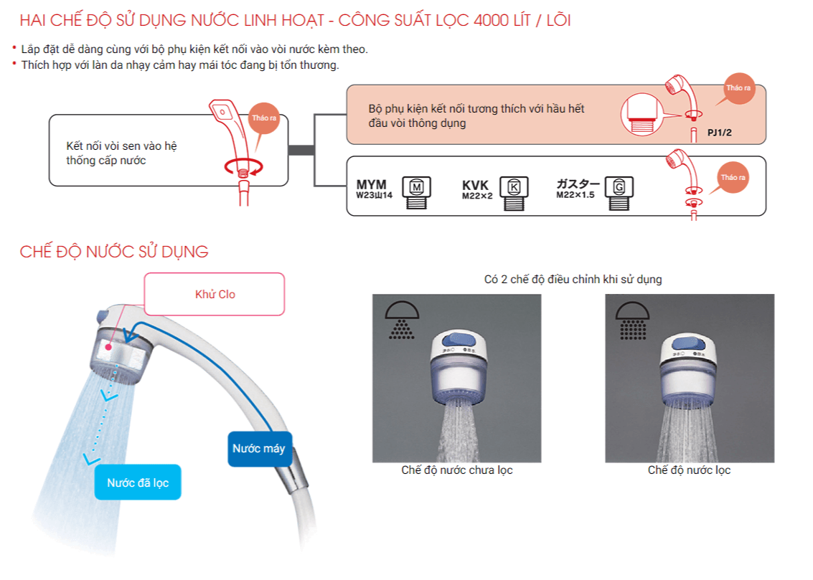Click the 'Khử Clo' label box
pos(215,294)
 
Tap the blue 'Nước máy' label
pos(259,449)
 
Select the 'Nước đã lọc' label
pos(138,482)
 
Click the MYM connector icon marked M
pos(416,190)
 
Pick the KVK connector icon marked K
pos(513,190)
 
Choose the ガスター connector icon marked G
pos(619,190)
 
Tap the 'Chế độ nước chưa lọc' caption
pos(457,470)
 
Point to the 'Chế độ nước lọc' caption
pos(689,470)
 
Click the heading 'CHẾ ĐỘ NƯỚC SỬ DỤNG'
pos(114,252)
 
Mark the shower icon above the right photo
pos(631,318)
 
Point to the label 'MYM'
pos(371,185)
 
